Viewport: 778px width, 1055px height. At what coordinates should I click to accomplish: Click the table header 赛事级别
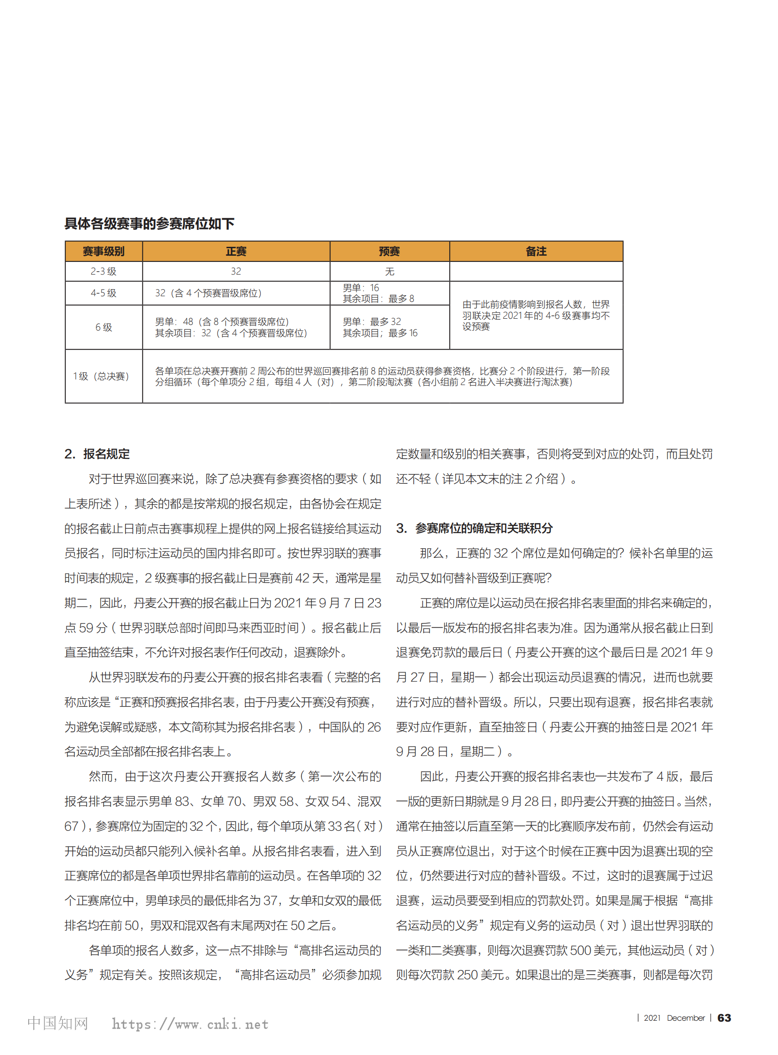click(103, 252)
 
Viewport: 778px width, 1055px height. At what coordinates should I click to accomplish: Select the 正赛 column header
click(236, 252)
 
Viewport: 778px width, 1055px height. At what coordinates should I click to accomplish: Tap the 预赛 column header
click(389, 252)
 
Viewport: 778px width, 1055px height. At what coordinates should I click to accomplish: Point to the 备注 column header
click(536, 252)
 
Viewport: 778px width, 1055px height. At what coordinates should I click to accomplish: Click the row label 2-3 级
click(103, 271)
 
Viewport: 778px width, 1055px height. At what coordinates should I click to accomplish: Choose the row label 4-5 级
click(103, 293)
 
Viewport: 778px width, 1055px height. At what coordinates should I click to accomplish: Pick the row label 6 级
click(103, 327)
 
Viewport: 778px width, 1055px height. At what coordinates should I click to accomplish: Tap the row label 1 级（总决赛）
click(101, 376)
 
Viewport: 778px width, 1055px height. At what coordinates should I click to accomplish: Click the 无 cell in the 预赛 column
click(389, 272)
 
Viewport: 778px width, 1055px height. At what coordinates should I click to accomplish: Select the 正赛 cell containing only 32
click(236, 271)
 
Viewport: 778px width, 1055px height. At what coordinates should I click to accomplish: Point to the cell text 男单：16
click(361, 288)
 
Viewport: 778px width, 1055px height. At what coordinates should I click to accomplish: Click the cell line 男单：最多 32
click(372, 322)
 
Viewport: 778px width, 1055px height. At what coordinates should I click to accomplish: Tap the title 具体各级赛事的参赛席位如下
click(149, 224)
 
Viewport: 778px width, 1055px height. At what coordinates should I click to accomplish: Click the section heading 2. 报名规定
click(97, 454)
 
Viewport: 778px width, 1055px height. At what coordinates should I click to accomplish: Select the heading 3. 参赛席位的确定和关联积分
click(474, 528)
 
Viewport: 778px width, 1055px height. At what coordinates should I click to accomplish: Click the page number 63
click(724, 1018)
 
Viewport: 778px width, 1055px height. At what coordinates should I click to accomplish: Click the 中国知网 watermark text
click(58, 1023)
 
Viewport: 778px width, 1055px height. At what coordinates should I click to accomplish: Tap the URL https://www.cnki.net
click(190, 1024)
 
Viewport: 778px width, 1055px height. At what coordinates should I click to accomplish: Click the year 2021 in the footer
click(652, 1018)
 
